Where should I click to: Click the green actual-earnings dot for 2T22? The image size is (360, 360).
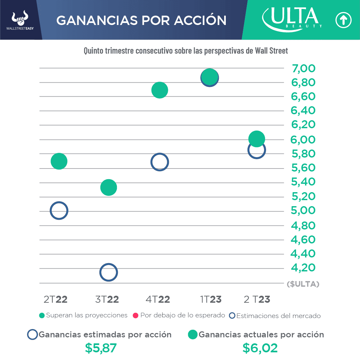click(x=59, y=162)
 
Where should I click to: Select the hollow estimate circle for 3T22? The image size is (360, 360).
click(x=109, y=272)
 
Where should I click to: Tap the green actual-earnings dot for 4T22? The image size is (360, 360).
click(x=160, y=90)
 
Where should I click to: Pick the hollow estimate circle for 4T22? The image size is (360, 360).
click(x=160, y=162)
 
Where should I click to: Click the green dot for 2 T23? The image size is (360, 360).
click(x=256, y=139)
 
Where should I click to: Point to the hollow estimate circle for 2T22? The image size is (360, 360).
click(x=59, y=210)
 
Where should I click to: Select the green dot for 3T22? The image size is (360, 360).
click(x=109, y=187)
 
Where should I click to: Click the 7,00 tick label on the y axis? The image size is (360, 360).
click(x=303, y=69)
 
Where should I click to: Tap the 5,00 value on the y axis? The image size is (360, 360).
click(x=303, y=210)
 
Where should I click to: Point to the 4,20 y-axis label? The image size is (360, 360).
click(x=303, y=268)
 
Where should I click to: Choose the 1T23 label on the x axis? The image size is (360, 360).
click(x=211, y=299)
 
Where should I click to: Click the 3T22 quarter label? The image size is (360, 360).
click(x=107, y=299)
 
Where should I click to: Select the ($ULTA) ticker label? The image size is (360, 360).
click(x=303, y=284)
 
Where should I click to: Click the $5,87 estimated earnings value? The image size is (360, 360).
click(x=101, y=348)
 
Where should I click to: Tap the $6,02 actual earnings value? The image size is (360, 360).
click(x=260, y=348)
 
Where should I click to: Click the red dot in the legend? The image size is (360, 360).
click(x=136, y=315)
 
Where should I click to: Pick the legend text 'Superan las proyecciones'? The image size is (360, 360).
click(x=87, y=315)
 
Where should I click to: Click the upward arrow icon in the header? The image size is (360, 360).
click(x=343, y=20)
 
